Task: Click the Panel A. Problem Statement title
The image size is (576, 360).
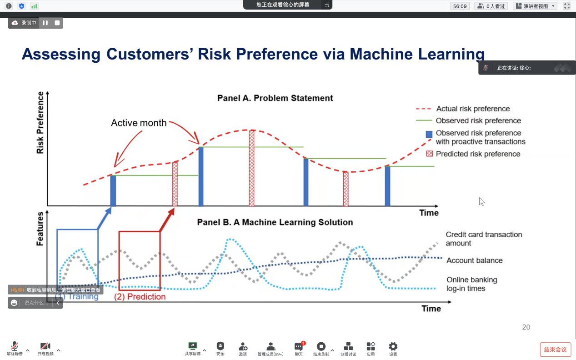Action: click(275, 98)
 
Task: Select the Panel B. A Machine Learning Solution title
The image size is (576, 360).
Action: click(275, 222)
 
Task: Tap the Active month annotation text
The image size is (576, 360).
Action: click(139, 123)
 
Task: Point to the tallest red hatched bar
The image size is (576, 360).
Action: click(251, 168)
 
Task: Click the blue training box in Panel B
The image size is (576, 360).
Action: click(57, 257)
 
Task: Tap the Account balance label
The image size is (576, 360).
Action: click(475, 260)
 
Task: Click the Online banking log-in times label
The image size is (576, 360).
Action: click(471, 284)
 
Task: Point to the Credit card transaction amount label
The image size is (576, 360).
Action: click(484, 239)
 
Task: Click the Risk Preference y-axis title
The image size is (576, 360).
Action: click(40, 123)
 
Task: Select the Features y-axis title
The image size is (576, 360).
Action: click(40, 229)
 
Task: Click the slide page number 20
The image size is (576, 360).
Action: click(526, 327)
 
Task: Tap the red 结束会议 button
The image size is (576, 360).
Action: click(556, 350)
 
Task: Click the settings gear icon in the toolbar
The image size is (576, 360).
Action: click(393, 346)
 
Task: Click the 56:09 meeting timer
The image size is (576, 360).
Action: click(460, 6)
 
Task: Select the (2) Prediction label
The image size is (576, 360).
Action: click(140, 296)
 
